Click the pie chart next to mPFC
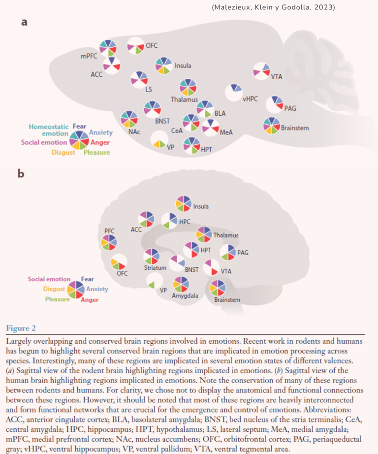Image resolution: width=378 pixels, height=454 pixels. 108,48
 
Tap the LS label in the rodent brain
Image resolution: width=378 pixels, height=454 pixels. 148,89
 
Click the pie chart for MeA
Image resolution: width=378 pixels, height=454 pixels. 211,127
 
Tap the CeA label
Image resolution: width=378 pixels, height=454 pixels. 177,130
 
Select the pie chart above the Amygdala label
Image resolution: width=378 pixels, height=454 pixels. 181,285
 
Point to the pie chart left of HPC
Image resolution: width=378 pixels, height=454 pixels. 169,221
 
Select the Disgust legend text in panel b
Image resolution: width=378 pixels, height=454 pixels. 54,289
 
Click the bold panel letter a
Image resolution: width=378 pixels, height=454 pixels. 24,23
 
